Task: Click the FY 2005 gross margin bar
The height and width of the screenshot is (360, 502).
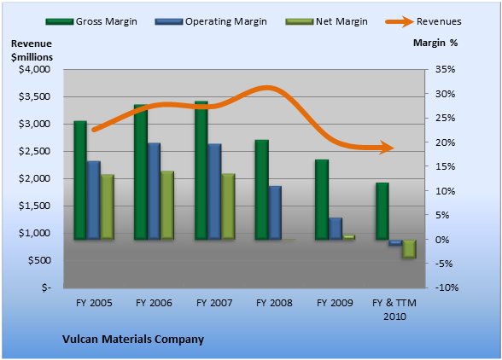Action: pyautogui.click(x=80, y=180)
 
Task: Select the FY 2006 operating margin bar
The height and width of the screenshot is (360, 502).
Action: pyautogui.click(x=154, y=191)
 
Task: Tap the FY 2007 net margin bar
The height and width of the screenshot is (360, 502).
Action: pyautogui.click(x=228, y=206)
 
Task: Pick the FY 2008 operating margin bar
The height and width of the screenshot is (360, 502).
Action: pyautogui.click(x=275, y=212)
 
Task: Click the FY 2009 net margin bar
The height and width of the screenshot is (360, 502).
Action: pyautogui.click(x=348, y=237)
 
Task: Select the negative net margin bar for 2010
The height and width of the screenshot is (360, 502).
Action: pyautogui.click(x=409, y=249)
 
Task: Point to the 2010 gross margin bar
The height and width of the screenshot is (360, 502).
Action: pyautogui.click(x=382, y=212)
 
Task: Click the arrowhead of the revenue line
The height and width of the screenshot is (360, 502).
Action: pyautogui.click(x=388, y=148)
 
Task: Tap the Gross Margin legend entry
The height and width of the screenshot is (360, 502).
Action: pyautogui.click(x=91, y=21)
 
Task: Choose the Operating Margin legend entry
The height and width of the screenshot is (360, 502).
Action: pyautogui.click(x=211, y=21)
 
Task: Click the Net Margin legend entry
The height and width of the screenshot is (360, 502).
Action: pyautogui.click(x=326, y=21)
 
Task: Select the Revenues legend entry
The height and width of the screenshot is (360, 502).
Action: pyautogui.click(x=423, y=21)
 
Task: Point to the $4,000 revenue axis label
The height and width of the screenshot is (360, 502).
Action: pyautogui.click(x=34, y=69)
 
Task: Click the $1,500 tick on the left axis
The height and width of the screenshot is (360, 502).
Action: pyautogui.click(x=34, y=206)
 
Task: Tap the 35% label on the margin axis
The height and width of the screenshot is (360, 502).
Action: pyautogui.click(x=445, y=69)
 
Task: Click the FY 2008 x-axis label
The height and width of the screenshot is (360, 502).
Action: pyautogui.click(x=274, y=303)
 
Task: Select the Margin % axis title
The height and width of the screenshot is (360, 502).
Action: pyautogui.click(x=435, y=43)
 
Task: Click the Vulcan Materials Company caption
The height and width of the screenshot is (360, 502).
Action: pyautogui.click(x=133, y=340)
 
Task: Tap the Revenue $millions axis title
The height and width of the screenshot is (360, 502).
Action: pyautogui.click(x=32, y=50)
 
